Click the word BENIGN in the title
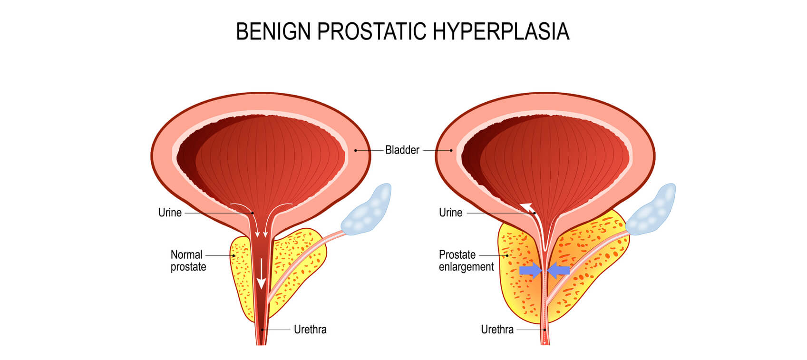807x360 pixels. tap(273, 31)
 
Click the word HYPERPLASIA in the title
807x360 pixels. tap(501, 31)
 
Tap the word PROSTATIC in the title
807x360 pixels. tap(372, 31)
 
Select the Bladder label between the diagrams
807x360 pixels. tap(402, 150)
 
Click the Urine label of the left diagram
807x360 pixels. tap(170, 213)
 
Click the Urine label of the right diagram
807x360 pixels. tap(450, 213)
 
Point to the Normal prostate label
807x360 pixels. tap(188, 261)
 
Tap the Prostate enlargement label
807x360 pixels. tap(466, 261)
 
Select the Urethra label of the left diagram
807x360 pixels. tap(310, 330)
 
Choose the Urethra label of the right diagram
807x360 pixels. tap(497, 330)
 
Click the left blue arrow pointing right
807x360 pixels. tap(530, 270)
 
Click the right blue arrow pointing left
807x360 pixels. tap(558, 270)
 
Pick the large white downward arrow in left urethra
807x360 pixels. tap(261, 273)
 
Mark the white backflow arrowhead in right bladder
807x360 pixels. tap(526, 206)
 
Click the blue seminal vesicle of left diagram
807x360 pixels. tap(367, 210)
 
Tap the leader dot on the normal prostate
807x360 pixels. tap(233, 255)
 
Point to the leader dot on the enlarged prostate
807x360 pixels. tap(507, 255)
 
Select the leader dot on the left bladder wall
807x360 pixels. tap(356, 150)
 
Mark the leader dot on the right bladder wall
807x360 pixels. tap(451, 150)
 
